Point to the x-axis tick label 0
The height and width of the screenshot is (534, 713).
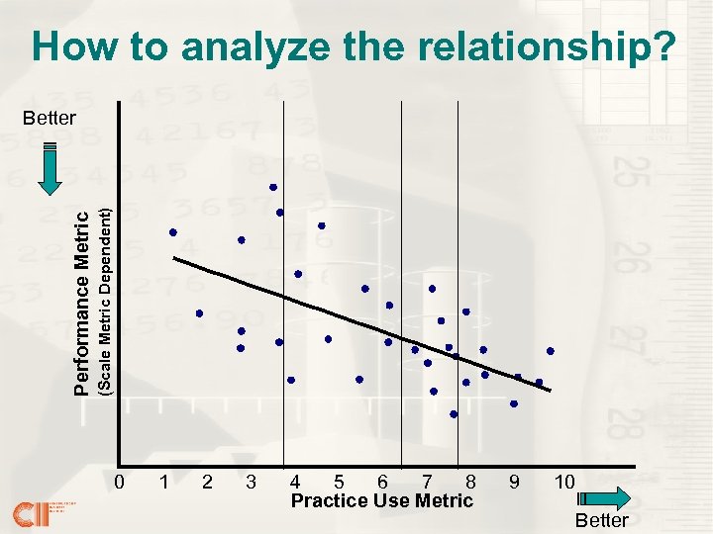pyautogui.click(x=119, y=483)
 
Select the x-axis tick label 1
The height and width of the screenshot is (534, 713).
pyautogui.click(x=162, y=483)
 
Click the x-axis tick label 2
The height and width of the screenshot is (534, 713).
pyautogui.click(x=206, y=483)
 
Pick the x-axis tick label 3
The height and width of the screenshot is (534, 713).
pyautogui.click(x=251, y=483)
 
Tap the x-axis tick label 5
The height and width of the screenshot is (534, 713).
pyautogui.click(x=339, y=483)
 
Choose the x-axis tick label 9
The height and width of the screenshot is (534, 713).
pyautogui.click(x=513, y=483)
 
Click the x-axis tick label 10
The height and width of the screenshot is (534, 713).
pyautogui.click(x=564, y=483)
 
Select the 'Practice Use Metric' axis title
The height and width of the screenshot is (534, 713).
pyautogui.click(x=382, y=500)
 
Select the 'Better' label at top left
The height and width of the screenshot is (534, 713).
pyautogui.click(x=50, y=118)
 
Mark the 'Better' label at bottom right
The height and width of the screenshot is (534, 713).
pyautogui.click(x=602, y=520)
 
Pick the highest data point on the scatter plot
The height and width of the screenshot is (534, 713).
pyautogui.click(x=273, y=187)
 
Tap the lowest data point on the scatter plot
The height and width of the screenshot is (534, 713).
pyautogui.click(x=454, y=414)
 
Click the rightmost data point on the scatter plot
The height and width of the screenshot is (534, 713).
pyautogui.click(x=551, y=351)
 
